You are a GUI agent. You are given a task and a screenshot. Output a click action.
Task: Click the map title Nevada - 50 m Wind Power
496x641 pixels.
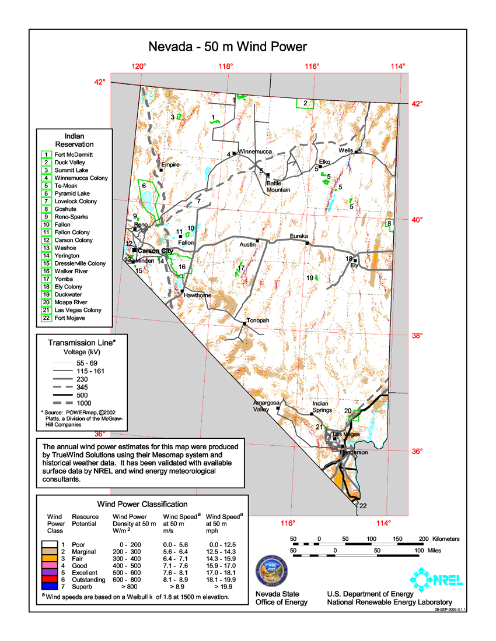tap(227, 47)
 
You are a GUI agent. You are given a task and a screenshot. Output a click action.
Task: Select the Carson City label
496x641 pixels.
tap(156, 251)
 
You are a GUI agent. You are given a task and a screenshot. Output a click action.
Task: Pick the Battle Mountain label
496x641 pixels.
tap(278, 186)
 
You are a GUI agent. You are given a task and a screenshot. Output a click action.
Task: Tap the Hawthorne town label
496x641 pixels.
tap(197, 295)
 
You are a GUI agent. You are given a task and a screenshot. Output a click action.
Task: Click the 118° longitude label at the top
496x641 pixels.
tap(226, 66)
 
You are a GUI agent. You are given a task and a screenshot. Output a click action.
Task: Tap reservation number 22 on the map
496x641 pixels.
tap(363, 505)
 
